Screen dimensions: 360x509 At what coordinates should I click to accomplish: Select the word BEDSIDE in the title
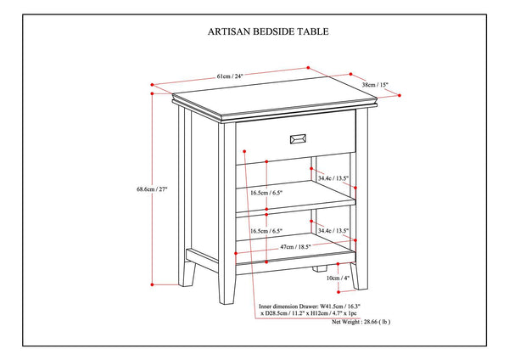click(269, 31)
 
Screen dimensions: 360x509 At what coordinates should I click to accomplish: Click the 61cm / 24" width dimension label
click(229, 76)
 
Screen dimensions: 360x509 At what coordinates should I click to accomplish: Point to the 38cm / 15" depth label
click(376, 85)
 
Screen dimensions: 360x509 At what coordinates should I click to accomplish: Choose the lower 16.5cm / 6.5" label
click(266, 231)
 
